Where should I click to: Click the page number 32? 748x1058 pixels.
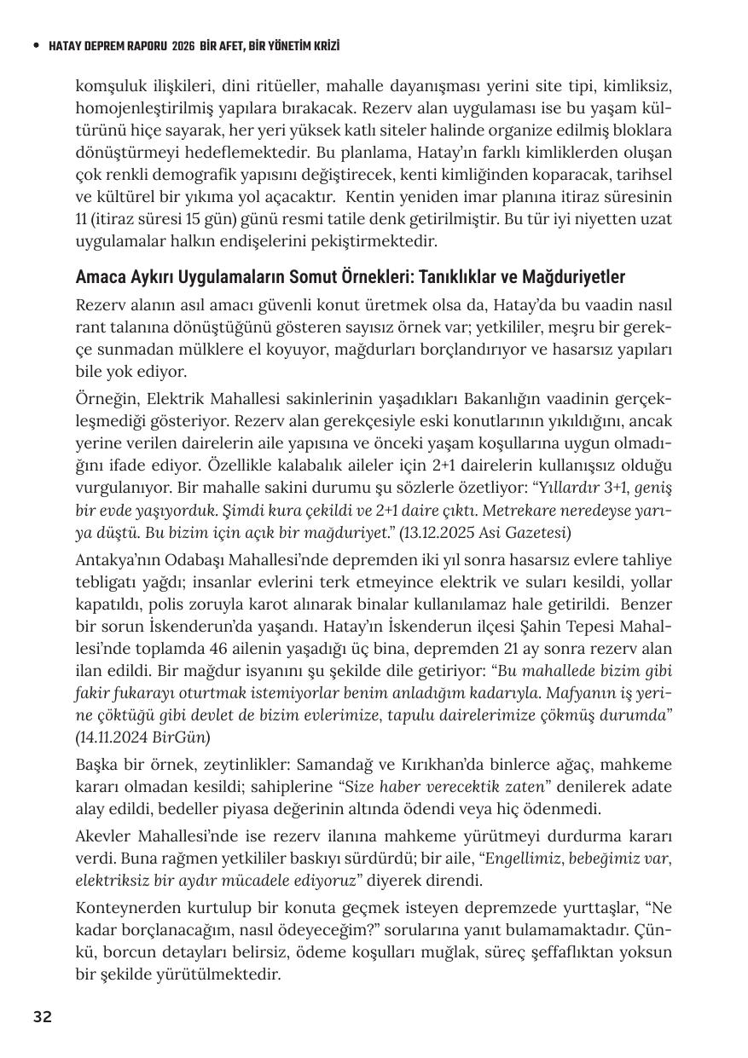click(x=43, y=1016)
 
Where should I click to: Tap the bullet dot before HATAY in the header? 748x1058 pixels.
click(x=35, y=46)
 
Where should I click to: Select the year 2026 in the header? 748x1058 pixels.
click(x=183, y=46)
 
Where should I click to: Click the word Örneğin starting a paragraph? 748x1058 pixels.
click(x=105, y=400)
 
